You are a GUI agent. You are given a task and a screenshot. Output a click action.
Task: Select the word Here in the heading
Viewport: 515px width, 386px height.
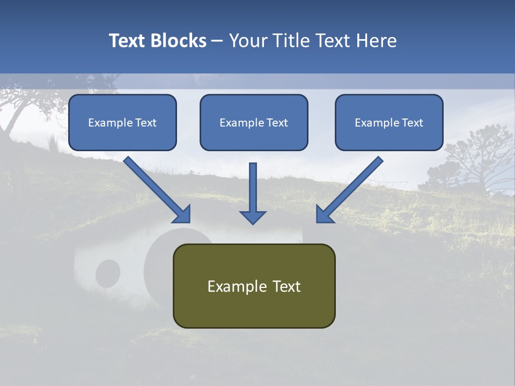(376, 41)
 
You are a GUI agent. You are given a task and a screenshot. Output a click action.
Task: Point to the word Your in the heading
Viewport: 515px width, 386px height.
(248, 41)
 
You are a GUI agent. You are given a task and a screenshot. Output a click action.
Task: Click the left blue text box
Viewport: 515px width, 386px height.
(122, 122)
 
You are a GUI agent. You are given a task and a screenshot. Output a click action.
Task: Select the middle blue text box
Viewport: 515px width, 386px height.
(254, 122)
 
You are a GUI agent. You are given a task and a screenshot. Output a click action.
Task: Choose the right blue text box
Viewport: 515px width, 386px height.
(389, 122)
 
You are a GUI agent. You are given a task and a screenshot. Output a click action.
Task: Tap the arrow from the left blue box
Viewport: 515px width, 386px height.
(158, 191)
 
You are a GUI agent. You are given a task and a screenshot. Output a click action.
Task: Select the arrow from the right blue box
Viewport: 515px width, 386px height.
(349, 191)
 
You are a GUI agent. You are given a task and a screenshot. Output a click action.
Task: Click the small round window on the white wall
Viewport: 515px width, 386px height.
(108, 273)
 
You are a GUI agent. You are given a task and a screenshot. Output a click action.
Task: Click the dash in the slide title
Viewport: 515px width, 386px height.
(217, 41)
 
